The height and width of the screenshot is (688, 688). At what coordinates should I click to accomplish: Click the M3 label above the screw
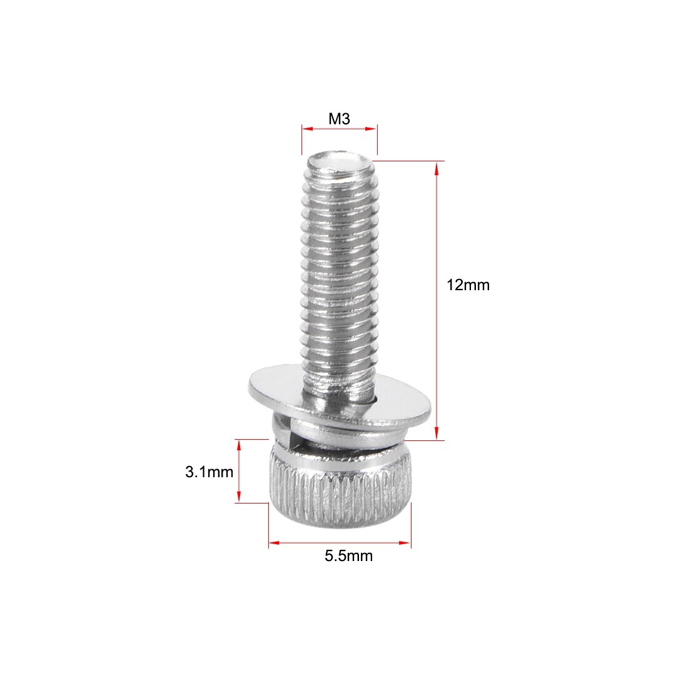339,118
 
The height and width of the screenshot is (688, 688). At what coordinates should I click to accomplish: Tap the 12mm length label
468,285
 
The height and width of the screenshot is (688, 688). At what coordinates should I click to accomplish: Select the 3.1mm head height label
210,472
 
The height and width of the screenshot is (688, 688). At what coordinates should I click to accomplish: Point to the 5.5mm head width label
349,556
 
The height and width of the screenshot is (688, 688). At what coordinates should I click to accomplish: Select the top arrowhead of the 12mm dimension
437,169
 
